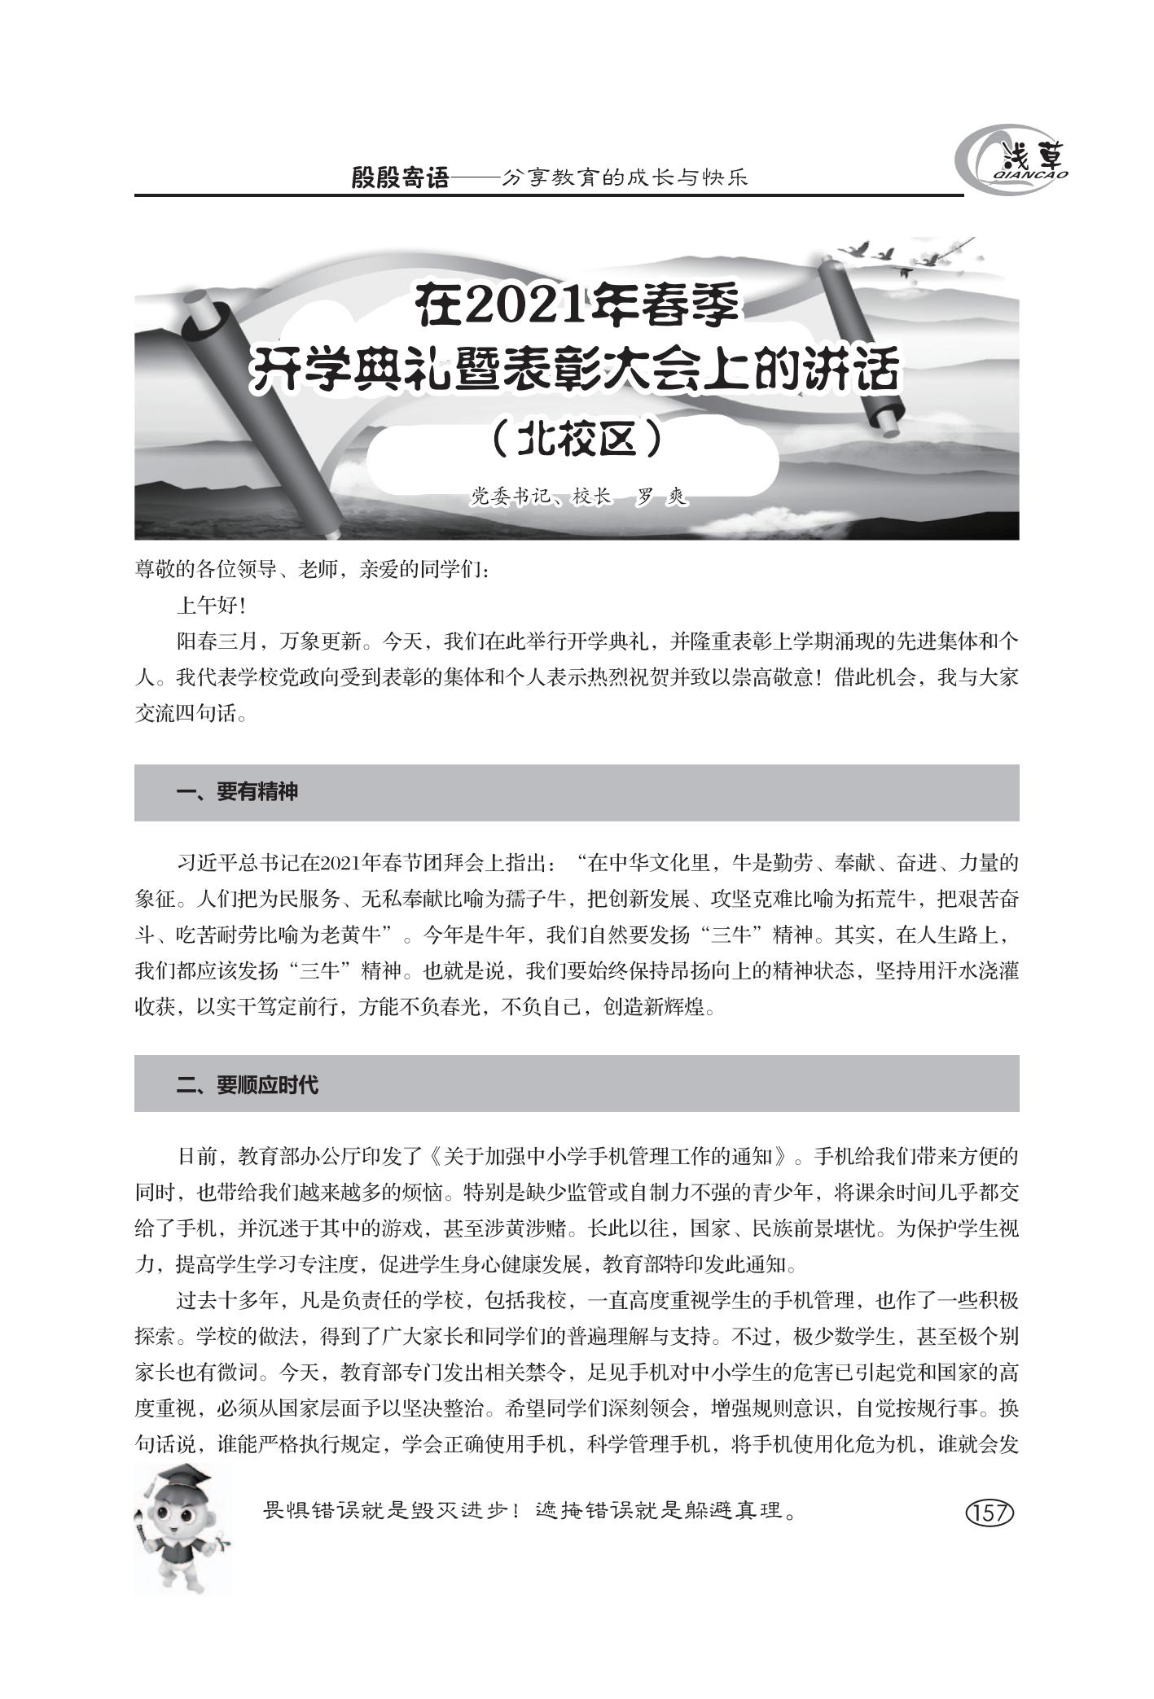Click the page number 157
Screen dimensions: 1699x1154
pyautogui.click(x=989, y=1513)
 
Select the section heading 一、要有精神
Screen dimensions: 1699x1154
pyautogui.click(x=237, y=792)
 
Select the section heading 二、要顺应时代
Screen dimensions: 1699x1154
pyautogui.click(x=248, y=1084)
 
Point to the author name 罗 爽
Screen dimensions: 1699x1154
pyautogui.click(x=662, y=496)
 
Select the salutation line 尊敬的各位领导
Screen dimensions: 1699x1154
pyautogui.click(x=236, y=570)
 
